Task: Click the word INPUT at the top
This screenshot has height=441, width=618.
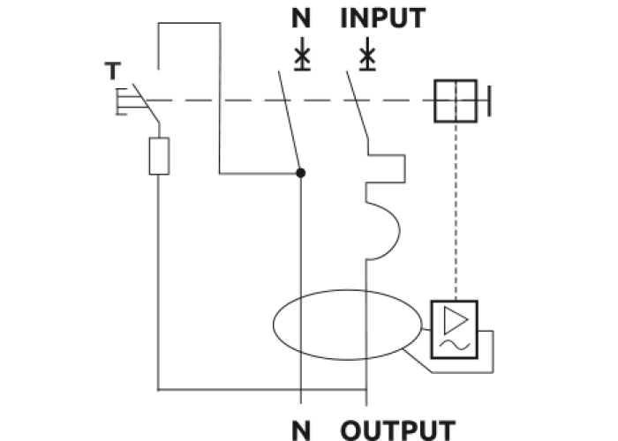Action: [x=383, y=18]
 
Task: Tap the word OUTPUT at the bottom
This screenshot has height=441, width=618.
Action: [x=398, y=430]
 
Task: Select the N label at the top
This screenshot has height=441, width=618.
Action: [x=302, y=18]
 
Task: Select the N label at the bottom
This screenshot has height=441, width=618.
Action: [x=302, y=430]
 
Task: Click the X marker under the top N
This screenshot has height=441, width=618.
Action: [x=302, y=57]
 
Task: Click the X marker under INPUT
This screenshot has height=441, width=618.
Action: [x=366, y=57]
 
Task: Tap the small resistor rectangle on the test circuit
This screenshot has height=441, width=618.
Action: [x=159, y=156]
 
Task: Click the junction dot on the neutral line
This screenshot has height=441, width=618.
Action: [x=301, y=173]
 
